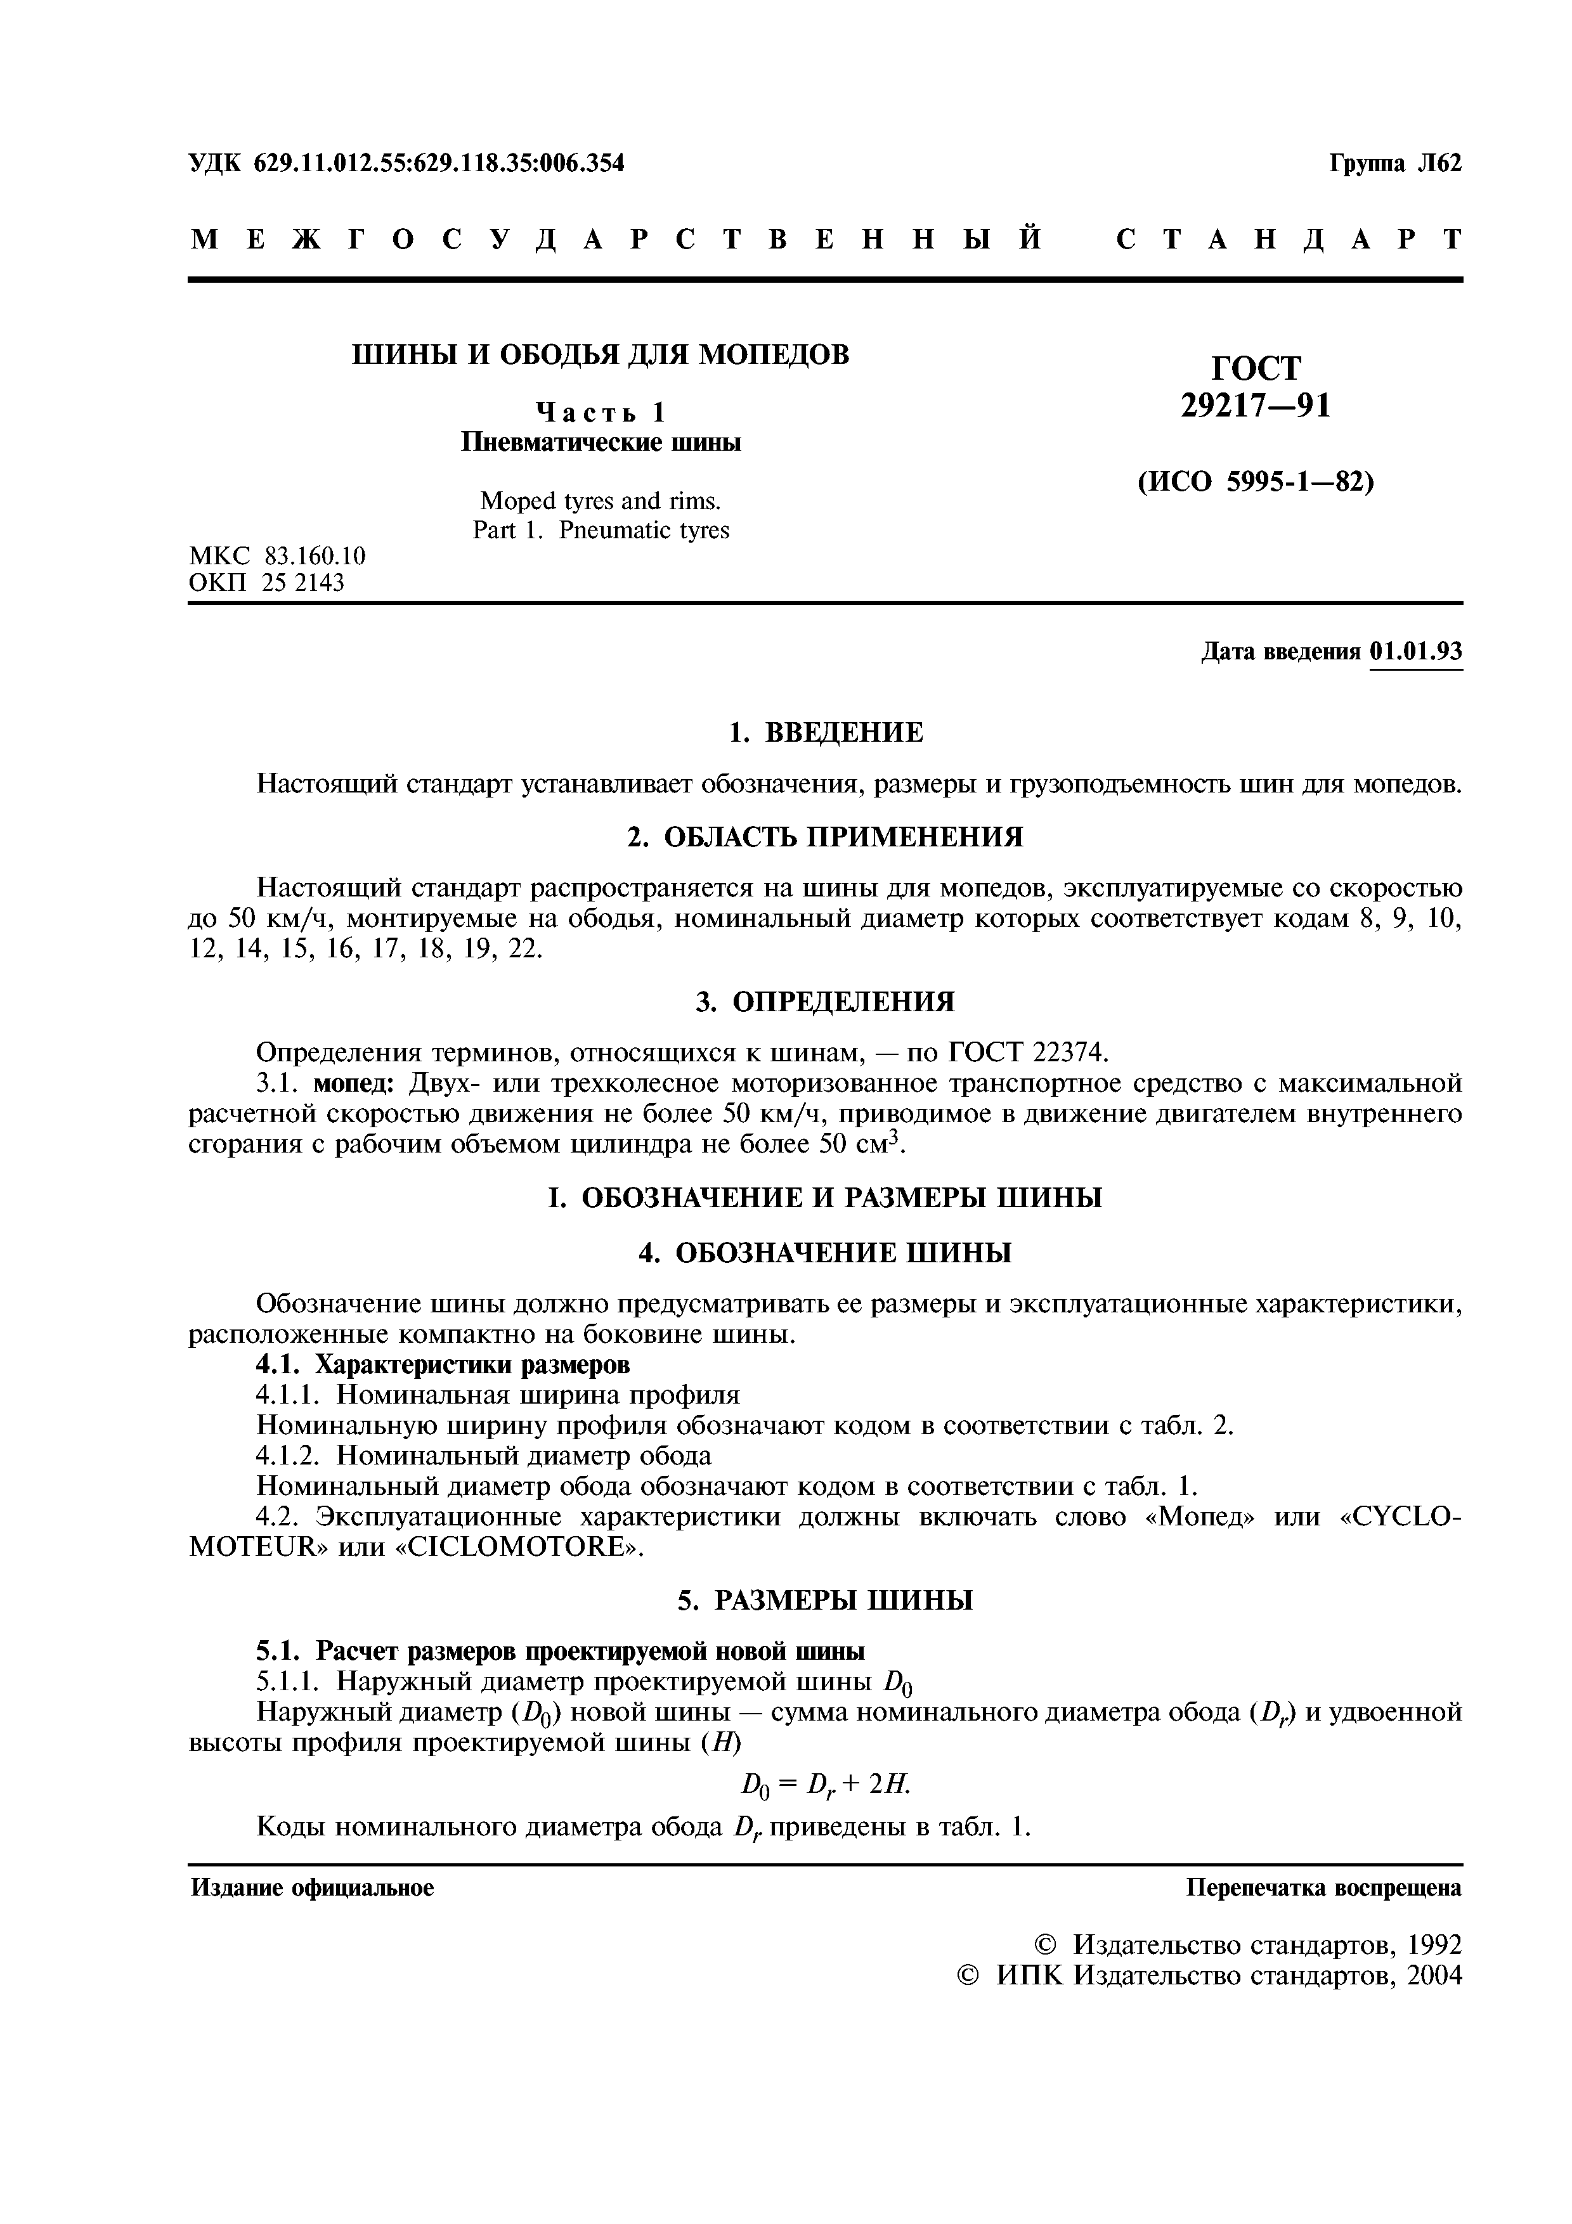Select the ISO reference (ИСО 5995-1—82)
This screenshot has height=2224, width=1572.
click(x=1256, y=481)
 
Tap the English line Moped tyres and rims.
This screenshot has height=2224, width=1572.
click(x=601, y=501)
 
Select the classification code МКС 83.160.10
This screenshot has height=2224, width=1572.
click(x=278, y=556)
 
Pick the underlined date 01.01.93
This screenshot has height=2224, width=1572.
click(x=1416, y=651)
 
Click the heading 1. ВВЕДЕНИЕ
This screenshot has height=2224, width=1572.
click(x=825, y=732)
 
